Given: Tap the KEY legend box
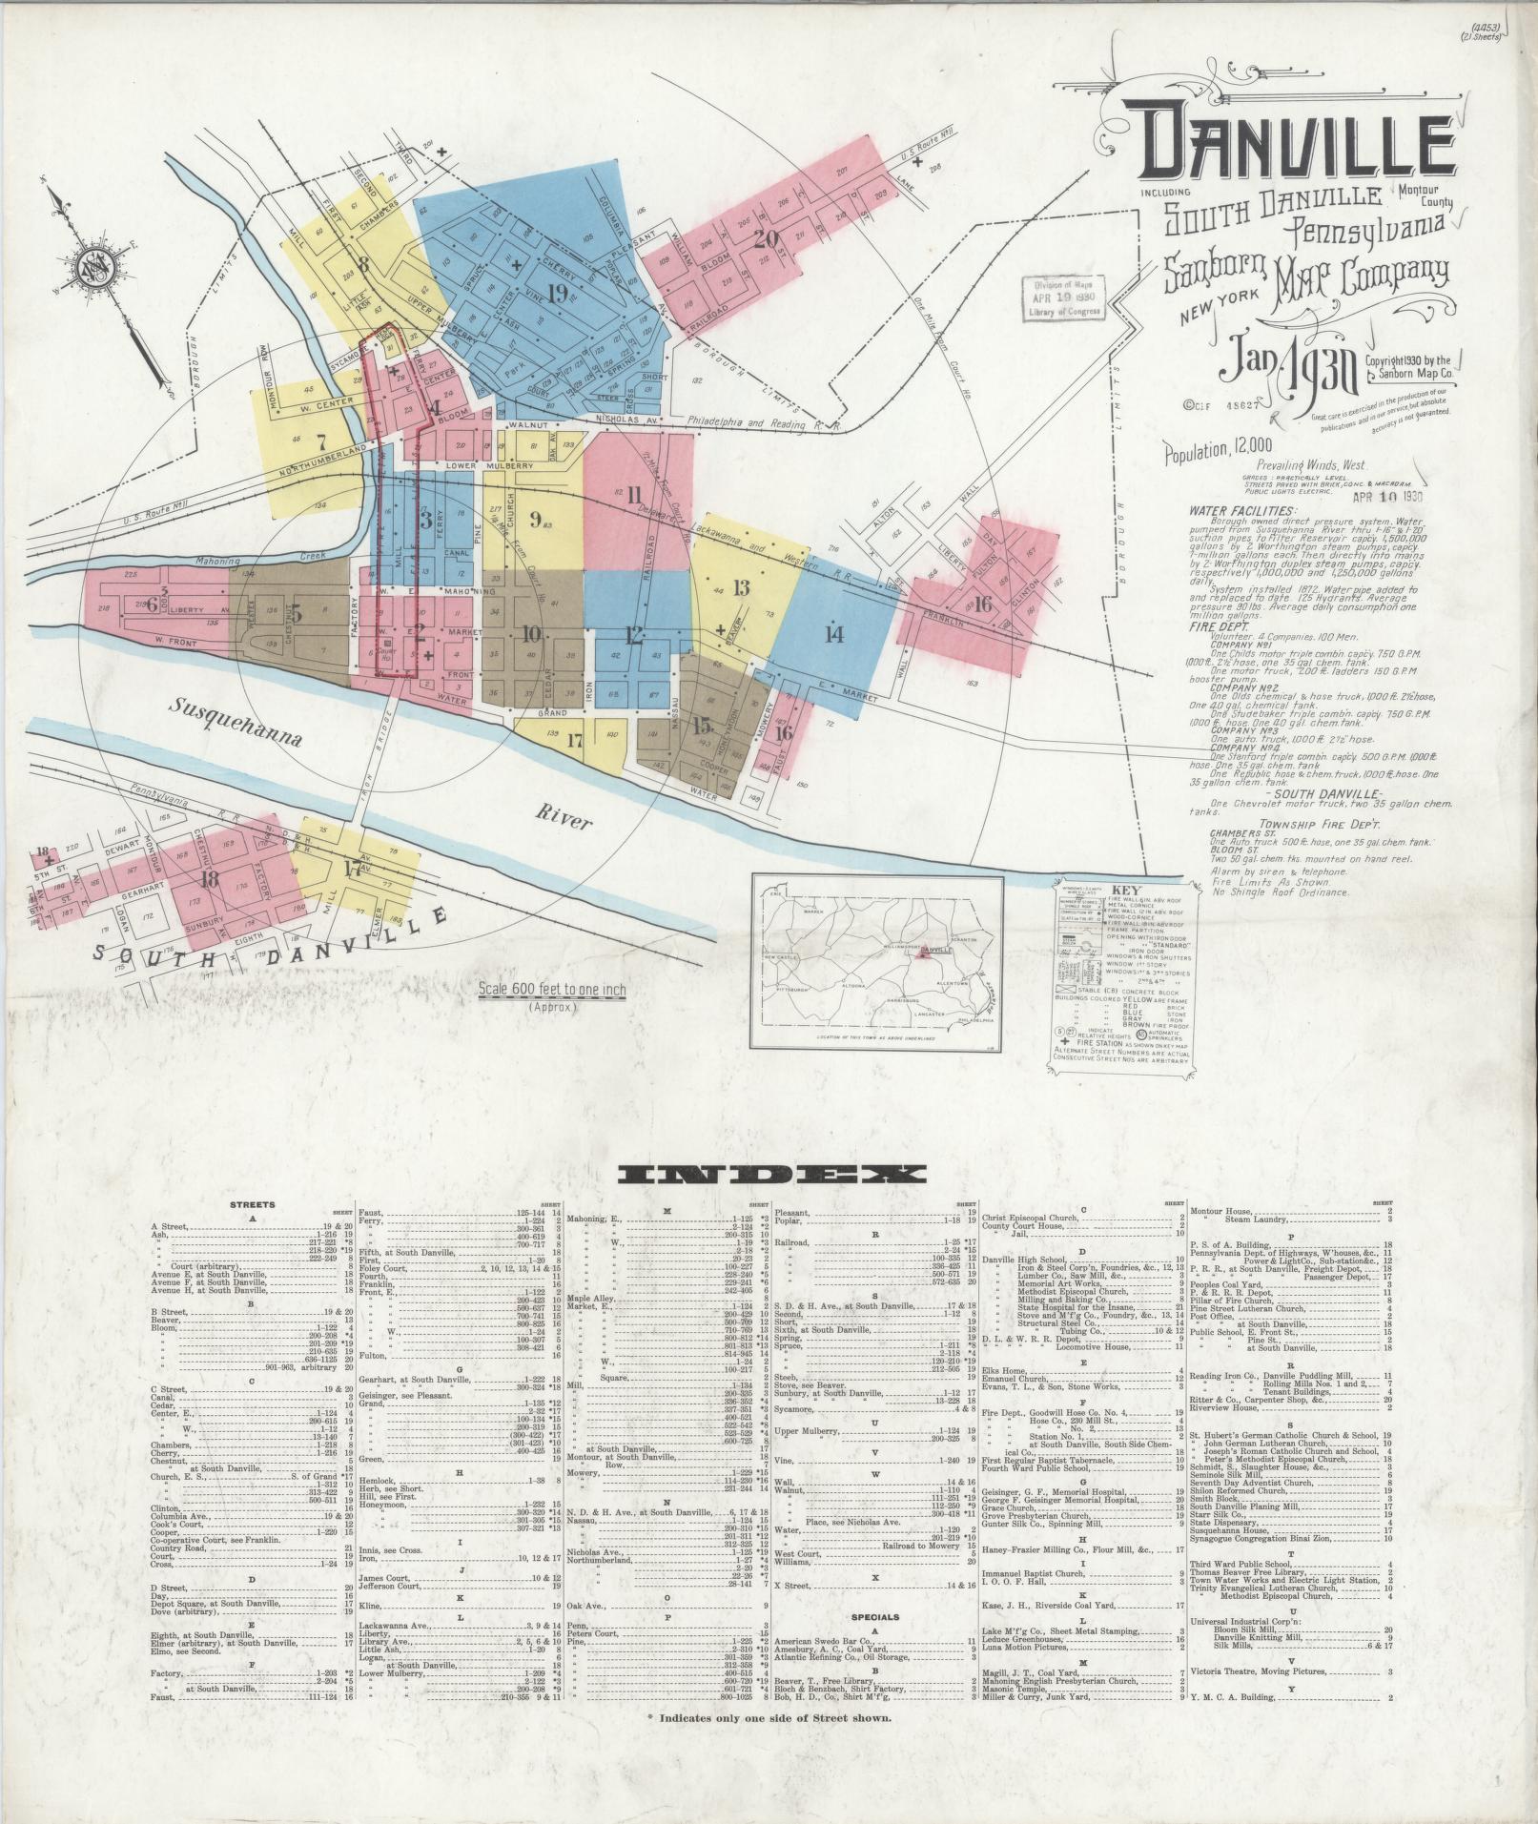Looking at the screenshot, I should click(1122, 978).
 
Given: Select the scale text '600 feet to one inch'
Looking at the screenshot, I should click(553, 990).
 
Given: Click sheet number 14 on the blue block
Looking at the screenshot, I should click(834, 633).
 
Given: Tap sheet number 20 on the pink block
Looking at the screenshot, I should click(765, 237).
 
